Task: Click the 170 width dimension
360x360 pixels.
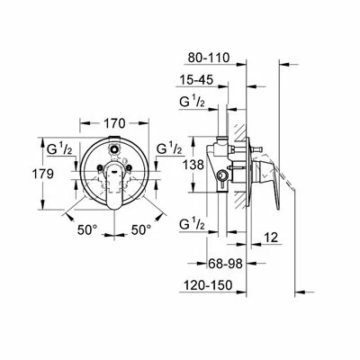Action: [114, 123]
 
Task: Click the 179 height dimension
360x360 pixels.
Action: [42, 174]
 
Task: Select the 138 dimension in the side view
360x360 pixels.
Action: [193, 165]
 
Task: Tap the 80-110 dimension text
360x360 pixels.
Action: [209, 58]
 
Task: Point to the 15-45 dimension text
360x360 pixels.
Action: [196, 80]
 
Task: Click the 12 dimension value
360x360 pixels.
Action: [272, 238]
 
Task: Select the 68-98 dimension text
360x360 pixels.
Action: [225, 264]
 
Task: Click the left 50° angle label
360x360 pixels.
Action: [87, 230]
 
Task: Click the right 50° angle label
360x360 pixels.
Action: [141, 230]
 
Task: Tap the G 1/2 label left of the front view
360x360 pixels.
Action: [59, 148]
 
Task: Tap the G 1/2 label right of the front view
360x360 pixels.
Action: [169, 148]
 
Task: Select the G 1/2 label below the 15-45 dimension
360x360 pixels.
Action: [193, 102]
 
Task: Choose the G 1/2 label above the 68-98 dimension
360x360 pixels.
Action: [193, 224]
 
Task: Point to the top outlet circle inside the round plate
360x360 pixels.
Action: [114, 148]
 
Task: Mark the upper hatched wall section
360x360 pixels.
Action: [239, 132]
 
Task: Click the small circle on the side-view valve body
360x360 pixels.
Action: [222, 175]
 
